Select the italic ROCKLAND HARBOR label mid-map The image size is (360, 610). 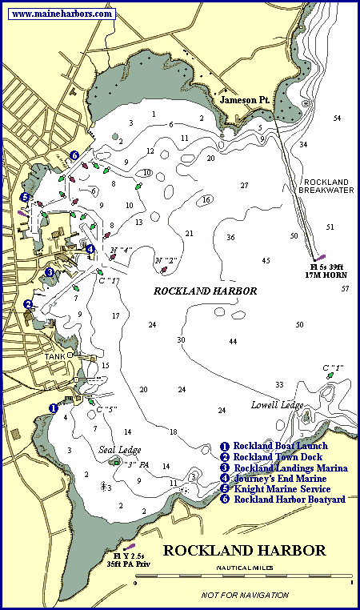(205, 292)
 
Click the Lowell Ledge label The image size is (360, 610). (277, 405)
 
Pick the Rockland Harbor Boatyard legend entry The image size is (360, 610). (282, 500)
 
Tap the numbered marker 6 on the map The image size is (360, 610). (74, 155)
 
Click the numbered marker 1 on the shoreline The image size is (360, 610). (54, 407)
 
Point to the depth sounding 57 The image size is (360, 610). (345, 288)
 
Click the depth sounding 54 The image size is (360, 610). (337, 118)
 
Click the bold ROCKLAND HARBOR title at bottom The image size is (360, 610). (244, 551)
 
